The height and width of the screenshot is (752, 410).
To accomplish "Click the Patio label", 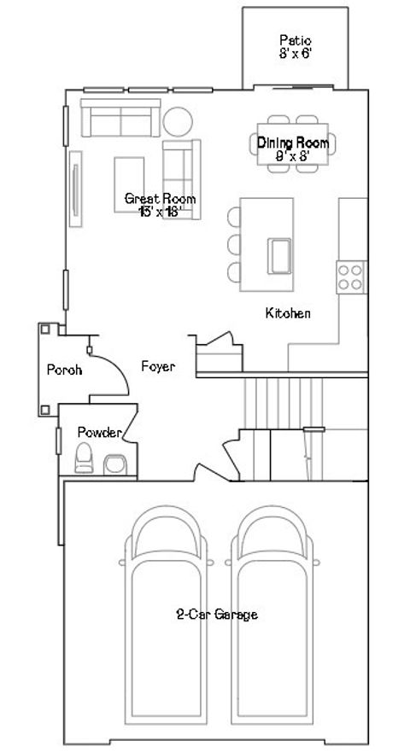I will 295,40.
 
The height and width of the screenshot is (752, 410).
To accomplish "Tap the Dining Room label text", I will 293,143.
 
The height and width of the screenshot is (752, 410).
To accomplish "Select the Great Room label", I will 155,199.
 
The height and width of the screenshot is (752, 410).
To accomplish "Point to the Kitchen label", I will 287,313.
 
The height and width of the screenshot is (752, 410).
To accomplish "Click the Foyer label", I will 158,367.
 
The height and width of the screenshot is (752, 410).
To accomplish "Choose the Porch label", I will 64,370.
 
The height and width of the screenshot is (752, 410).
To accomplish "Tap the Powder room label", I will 99,433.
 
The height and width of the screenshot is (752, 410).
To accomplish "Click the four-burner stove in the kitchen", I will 349,277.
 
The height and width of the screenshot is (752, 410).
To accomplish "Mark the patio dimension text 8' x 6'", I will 295,52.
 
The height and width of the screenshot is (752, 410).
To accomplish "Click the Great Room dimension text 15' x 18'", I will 160,211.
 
